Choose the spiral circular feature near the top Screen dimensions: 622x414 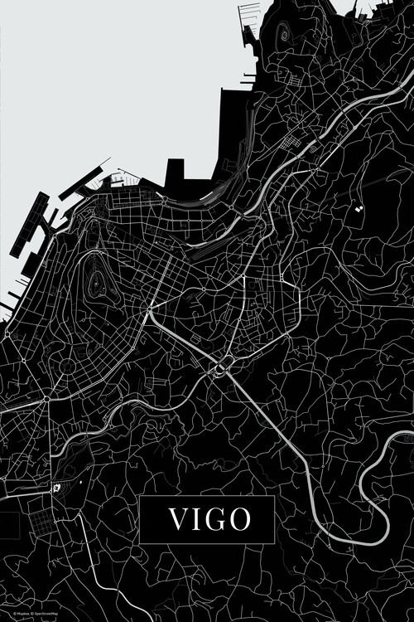[x=284, y=34]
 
